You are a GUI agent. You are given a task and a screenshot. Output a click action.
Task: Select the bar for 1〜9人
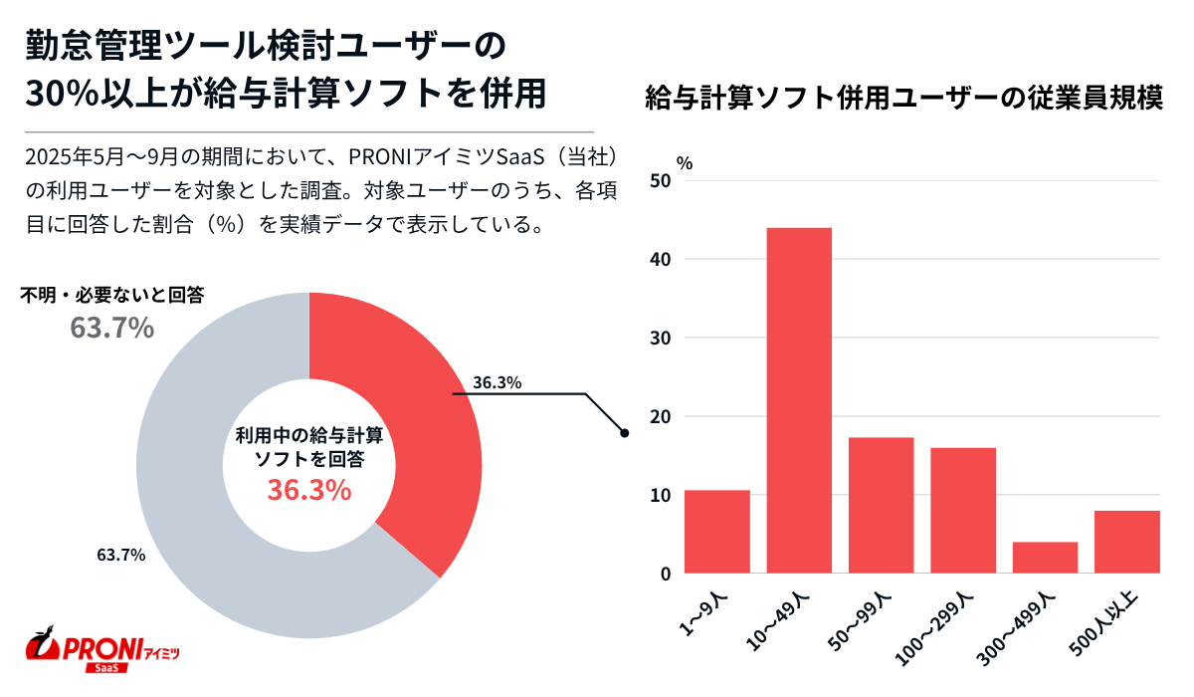pos(717,532)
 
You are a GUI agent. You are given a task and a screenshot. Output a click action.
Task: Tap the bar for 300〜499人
pos(1045,558)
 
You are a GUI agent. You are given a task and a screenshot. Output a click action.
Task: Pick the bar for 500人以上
pos(1126,542)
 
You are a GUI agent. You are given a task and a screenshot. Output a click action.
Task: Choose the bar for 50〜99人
pos(881,505)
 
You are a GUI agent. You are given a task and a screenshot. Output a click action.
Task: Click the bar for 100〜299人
pos(963,510)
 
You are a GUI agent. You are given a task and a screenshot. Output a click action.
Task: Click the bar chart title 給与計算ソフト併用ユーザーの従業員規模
pos(903,100)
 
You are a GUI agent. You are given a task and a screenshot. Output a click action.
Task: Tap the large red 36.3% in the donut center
pos(308,490)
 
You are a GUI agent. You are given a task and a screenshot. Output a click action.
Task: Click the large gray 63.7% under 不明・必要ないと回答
pos(111,328)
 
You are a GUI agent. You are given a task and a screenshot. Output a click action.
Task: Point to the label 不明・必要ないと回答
pos(112,296)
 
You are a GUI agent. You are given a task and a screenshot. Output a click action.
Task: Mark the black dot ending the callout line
pos(624,433)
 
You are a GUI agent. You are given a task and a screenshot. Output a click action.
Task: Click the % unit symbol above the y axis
pos(685,162)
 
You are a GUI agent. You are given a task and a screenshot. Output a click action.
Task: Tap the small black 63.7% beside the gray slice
pos(120,555)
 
